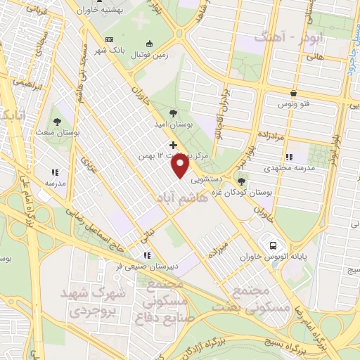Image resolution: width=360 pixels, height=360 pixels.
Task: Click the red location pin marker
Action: (x=181, y=166)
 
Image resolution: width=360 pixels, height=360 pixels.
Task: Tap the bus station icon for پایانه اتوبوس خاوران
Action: (x=271, y=245)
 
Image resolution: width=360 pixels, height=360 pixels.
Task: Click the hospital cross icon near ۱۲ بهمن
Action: (x=174, y=145)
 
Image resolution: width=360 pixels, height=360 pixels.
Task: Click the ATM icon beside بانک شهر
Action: (x=108, y=39)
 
